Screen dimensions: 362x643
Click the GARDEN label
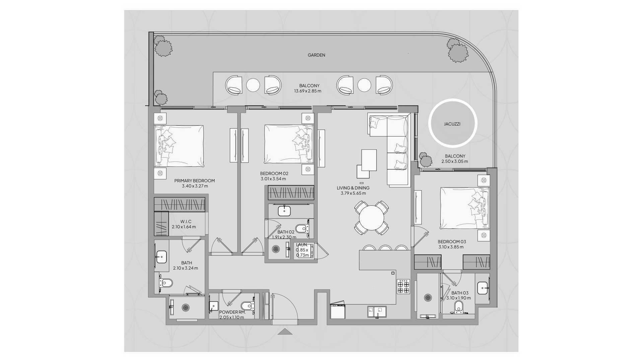316,55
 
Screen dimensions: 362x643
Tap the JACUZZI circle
452,124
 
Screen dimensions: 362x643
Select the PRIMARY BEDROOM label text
194,181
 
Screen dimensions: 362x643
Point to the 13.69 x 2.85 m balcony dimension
307,91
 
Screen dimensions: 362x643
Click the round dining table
371,218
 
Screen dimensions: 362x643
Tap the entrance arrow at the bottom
285,331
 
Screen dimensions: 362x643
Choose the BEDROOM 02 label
274,173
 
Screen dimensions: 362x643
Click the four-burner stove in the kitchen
403,286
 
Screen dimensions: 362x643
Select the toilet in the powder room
246,306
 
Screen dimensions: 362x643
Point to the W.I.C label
186,222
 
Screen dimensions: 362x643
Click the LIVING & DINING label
353,188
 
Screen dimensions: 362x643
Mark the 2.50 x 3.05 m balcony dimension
454,161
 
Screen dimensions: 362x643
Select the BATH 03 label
459,293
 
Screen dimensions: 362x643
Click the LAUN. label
301,245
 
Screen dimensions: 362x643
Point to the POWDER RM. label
232,312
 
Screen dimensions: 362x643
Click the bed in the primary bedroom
179,146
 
